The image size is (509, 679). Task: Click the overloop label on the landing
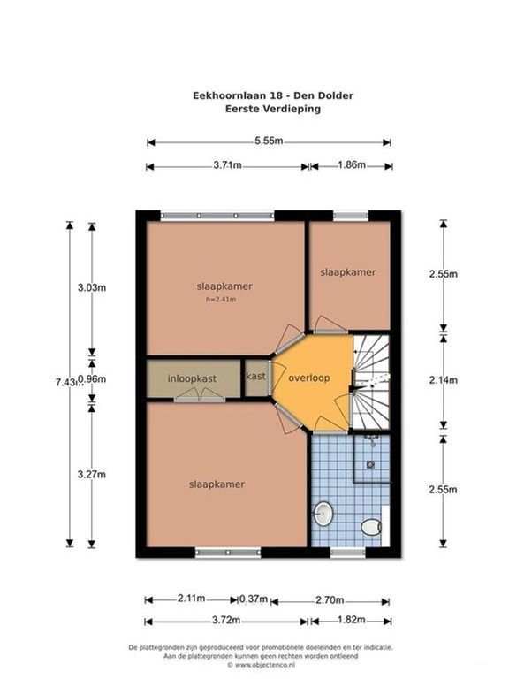309,378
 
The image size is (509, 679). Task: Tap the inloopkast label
192,378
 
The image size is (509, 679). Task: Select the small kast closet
256,378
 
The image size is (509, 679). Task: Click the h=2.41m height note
221,299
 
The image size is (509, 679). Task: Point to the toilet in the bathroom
371,528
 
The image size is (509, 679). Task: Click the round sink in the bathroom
323,514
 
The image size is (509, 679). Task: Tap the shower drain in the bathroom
371,465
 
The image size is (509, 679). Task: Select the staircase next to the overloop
371,381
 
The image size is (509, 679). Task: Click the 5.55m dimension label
269,141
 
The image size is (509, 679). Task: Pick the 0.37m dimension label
254,599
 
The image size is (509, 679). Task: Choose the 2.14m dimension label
444,380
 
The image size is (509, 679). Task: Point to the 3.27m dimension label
92,474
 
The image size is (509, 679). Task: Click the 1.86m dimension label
352,164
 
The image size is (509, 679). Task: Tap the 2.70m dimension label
330,599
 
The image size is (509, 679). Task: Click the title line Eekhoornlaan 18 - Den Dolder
273,95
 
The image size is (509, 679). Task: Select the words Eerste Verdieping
273,109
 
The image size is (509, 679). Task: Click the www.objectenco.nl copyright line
261,664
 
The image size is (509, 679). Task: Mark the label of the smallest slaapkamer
348,272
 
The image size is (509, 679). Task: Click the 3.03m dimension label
92,287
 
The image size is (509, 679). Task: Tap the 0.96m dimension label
92,379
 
